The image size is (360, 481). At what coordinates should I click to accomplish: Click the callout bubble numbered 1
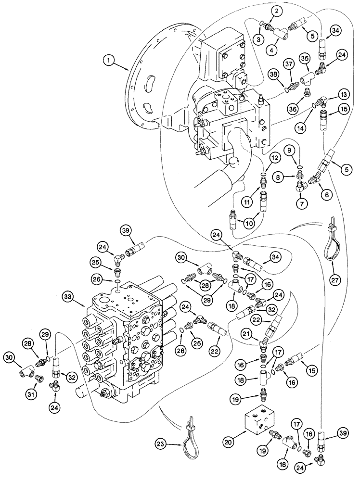tap(110, 61)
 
